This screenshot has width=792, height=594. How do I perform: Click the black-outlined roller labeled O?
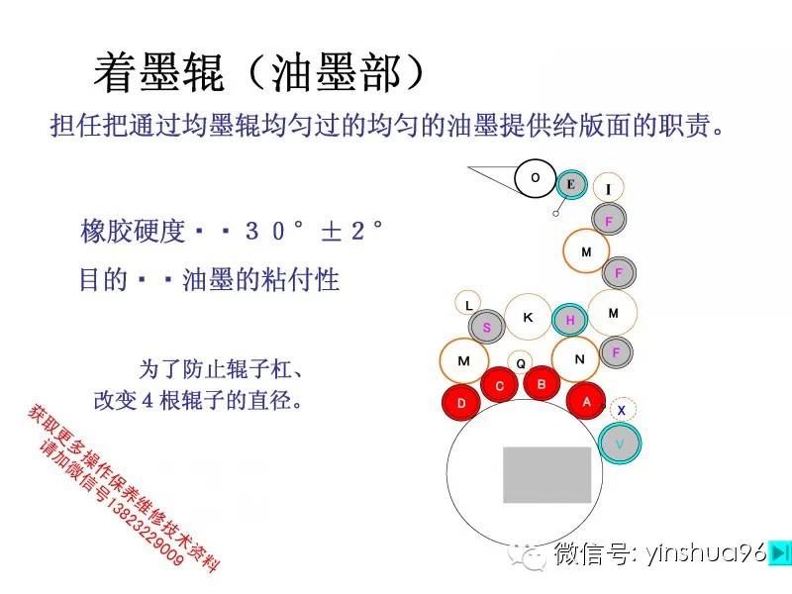pyautogui.click(x=536, y=178)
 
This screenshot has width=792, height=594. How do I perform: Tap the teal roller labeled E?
pyautogui.click(x=571, y=184)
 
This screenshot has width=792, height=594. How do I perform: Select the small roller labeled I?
pyautogui.click(x=608, y=188)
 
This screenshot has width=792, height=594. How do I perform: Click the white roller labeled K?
pyautogui.click(x=529, y=317)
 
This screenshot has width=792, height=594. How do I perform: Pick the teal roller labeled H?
pyautogui.click(x=570, y=320)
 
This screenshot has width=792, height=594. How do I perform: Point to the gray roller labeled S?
pyautogui.click(x=486, y=327)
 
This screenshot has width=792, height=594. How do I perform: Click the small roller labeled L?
pyautogui.click(x=468, y=305)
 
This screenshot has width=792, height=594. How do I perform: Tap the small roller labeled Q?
pyautogui.click(x=521, y=363)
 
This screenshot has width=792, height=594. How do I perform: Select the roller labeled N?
pyautogui.click(x=579, y=359)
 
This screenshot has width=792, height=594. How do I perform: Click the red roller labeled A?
pyautogui.click(x=586, y=402)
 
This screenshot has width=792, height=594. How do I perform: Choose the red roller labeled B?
pyautogui.click(x=542, y=384)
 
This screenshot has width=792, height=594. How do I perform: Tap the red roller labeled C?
pyautogui.click(x=500, y=386)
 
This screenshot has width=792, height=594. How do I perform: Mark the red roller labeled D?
pyautogui.click(x=461, y=403)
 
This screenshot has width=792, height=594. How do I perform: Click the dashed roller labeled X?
pyautogui.click(x=622, y=410)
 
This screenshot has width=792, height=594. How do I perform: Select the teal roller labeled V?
pyautogui.click(x=620, y=444)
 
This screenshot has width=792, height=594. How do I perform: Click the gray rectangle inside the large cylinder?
pyautogui.click(x=547, y=475)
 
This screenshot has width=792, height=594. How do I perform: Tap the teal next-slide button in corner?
pyautogui.click(x=779, y=552)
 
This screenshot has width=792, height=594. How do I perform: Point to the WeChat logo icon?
pyautogui.click(x=527, y=556)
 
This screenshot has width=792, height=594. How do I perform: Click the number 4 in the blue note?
pyautogui.click(x=148, y=401)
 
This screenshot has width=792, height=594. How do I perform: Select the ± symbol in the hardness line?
pyautogui.click(x=332, y=232)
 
